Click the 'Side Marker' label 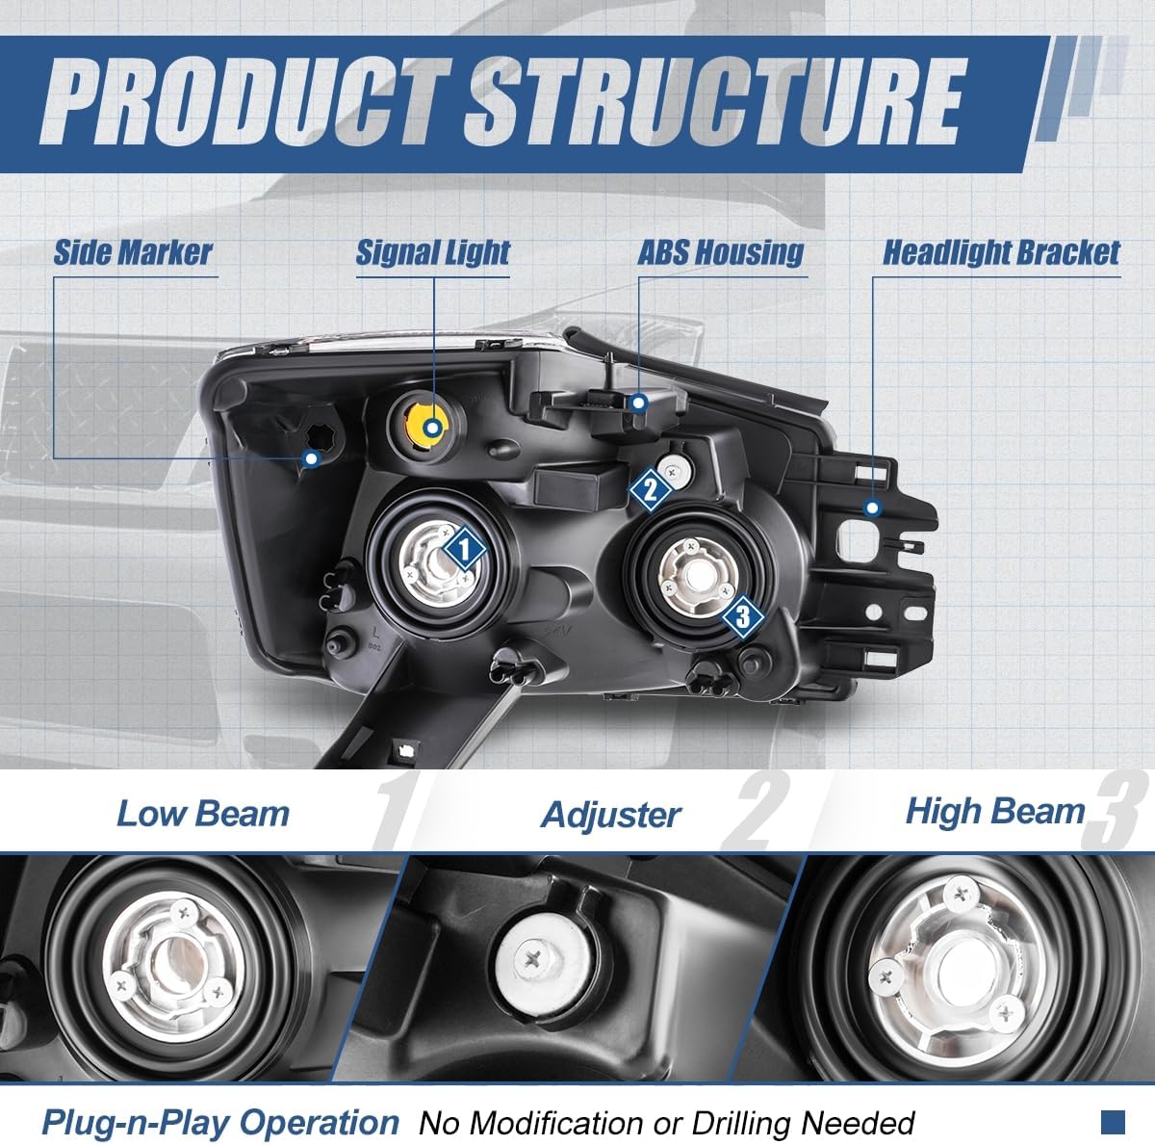click(x=132, y=252)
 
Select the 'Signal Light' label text click(x=432, y=252)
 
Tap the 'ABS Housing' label click(x=720, y=252)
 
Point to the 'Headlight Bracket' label click(x=1001, y=252)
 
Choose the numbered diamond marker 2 click(x=650, y=489)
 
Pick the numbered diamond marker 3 click(x=742, y=615)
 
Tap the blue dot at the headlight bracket click(x=872, y=507)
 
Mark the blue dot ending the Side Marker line click(x=310, y=458)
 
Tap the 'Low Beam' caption click(x=203, y=814)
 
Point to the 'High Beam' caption click(x=994, y=812)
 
